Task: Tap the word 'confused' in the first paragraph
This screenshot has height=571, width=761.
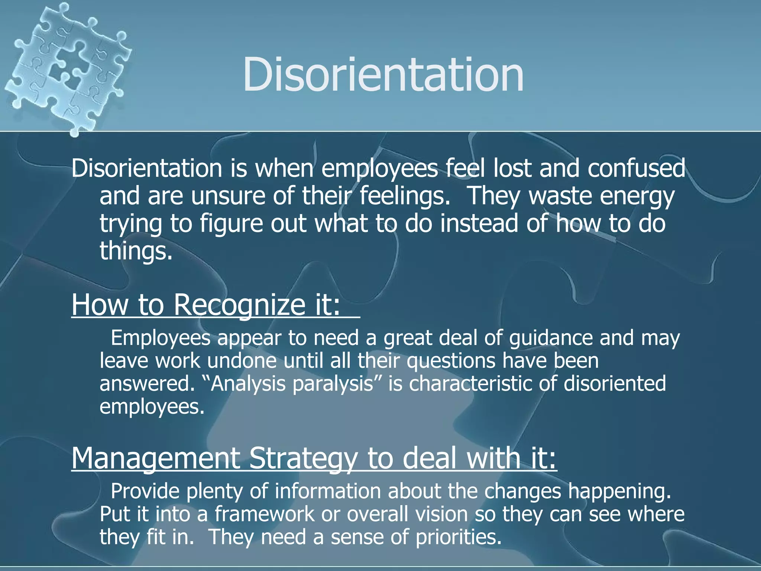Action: point(636,168)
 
